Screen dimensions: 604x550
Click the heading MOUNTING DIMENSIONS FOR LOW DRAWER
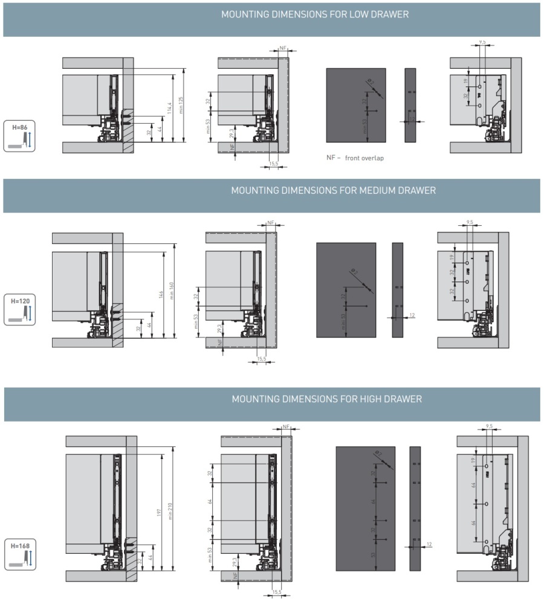point(315,14)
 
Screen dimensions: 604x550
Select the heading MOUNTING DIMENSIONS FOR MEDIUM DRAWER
point(333,191)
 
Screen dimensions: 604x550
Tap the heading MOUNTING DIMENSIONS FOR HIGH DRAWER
point(326,399)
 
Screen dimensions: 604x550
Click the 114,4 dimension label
point(170,107)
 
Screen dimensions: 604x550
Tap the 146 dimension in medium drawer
point(161,294)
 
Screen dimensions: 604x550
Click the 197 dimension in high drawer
point(160,510)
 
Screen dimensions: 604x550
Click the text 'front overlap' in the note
point(364,158)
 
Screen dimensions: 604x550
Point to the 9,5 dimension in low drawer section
point(482,42)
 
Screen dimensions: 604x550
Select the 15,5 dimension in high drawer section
point(276,593)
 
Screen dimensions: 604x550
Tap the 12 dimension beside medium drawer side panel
point(412,316)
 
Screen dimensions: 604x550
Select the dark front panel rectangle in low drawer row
point(356,105)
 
